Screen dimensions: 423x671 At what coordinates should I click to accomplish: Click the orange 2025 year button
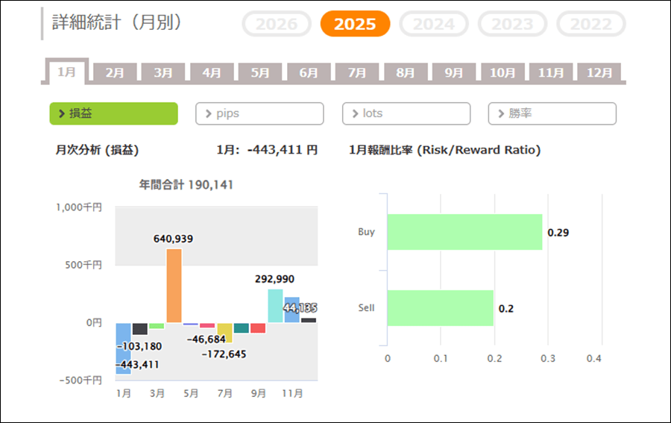coord(355,24)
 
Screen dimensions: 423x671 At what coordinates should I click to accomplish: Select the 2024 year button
coord(434,24)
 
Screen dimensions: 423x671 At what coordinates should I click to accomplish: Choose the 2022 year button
coord(591,24)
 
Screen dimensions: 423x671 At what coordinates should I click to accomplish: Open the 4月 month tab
coord(212,73)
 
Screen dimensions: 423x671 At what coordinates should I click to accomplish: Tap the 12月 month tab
coord(599,73)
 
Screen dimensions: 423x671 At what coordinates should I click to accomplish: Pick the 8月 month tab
coord(406,73)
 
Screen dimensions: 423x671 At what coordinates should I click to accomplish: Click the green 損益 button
coord(113,113)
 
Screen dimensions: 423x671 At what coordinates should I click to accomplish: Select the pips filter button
coord(259,113)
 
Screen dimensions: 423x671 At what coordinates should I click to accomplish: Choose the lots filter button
coord(406,113)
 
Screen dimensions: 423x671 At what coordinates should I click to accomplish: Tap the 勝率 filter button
coord(552,113)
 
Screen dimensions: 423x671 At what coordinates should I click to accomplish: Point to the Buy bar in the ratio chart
coord(464,232)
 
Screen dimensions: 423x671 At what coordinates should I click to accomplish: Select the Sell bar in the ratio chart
coord(440,307)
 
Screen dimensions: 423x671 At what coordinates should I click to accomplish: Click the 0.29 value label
coord(558,233)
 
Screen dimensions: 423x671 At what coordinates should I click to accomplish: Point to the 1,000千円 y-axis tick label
coord(79,207)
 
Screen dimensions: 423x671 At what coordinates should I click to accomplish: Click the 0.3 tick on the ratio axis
coord(547,358)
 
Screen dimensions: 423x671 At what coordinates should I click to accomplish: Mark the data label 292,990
coord(274,279)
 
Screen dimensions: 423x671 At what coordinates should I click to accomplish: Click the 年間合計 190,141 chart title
coord(186,184)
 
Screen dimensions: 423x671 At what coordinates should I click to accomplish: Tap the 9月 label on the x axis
coord(258,393)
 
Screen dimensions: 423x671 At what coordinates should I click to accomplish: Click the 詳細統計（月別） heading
coord(117,22)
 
